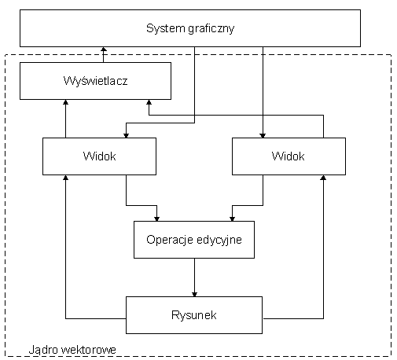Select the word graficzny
point(211,29)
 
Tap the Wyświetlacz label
point(95,81)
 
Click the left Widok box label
point(99,156)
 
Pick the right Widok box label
point(288,156)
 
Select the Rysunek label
point(194,315)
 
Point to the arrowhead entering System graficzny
point(104,50)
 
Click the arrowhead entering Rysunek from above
point(194,294)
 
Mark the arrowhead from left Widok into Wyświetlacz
point(66,102)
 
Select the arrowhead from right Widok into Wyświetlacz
point(149,102)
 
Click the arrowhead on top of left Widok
point(127,135)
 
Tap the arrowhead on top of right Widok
point(263,135)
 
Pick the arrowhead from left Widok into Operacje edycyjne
point(156,219)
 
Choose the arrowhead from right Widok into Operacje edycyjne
point(232,219)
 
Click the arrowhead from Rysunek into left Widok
point(66,178)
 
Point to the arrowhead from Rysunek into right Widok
point(323,178)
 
